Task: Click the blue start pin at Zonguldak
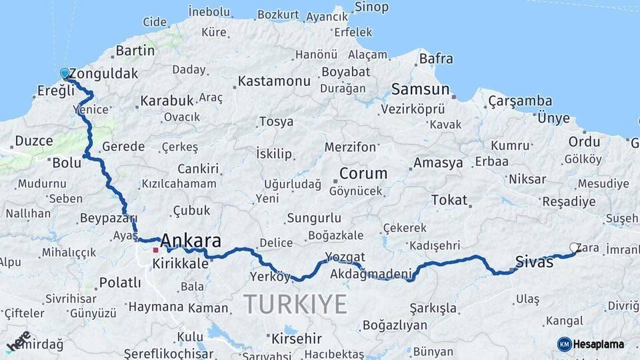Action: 65,73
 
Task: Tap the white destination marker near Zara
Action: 574,248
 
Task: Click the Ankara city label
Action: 191,241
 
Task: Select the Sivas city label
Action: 534,262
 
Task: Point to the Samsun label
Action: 420,89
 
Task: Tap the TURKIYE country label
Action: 295,304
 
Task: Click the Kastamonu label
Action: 274,81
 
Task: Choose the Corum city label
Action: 363,173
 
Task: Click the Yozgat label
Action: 345,257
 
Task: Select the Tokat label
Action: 449,200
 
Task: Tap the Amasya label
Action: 438,163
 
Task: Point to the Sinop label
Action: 371,7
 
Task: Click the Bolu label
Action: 67,163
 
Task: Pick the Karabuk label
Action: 167,101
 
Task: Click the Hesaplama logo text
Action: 599,345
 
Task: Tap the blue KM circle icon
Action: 564,344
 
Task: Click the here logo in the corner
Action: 18,341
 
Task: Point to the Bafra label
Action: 436,59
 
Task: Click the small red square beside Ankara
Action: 155,250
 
